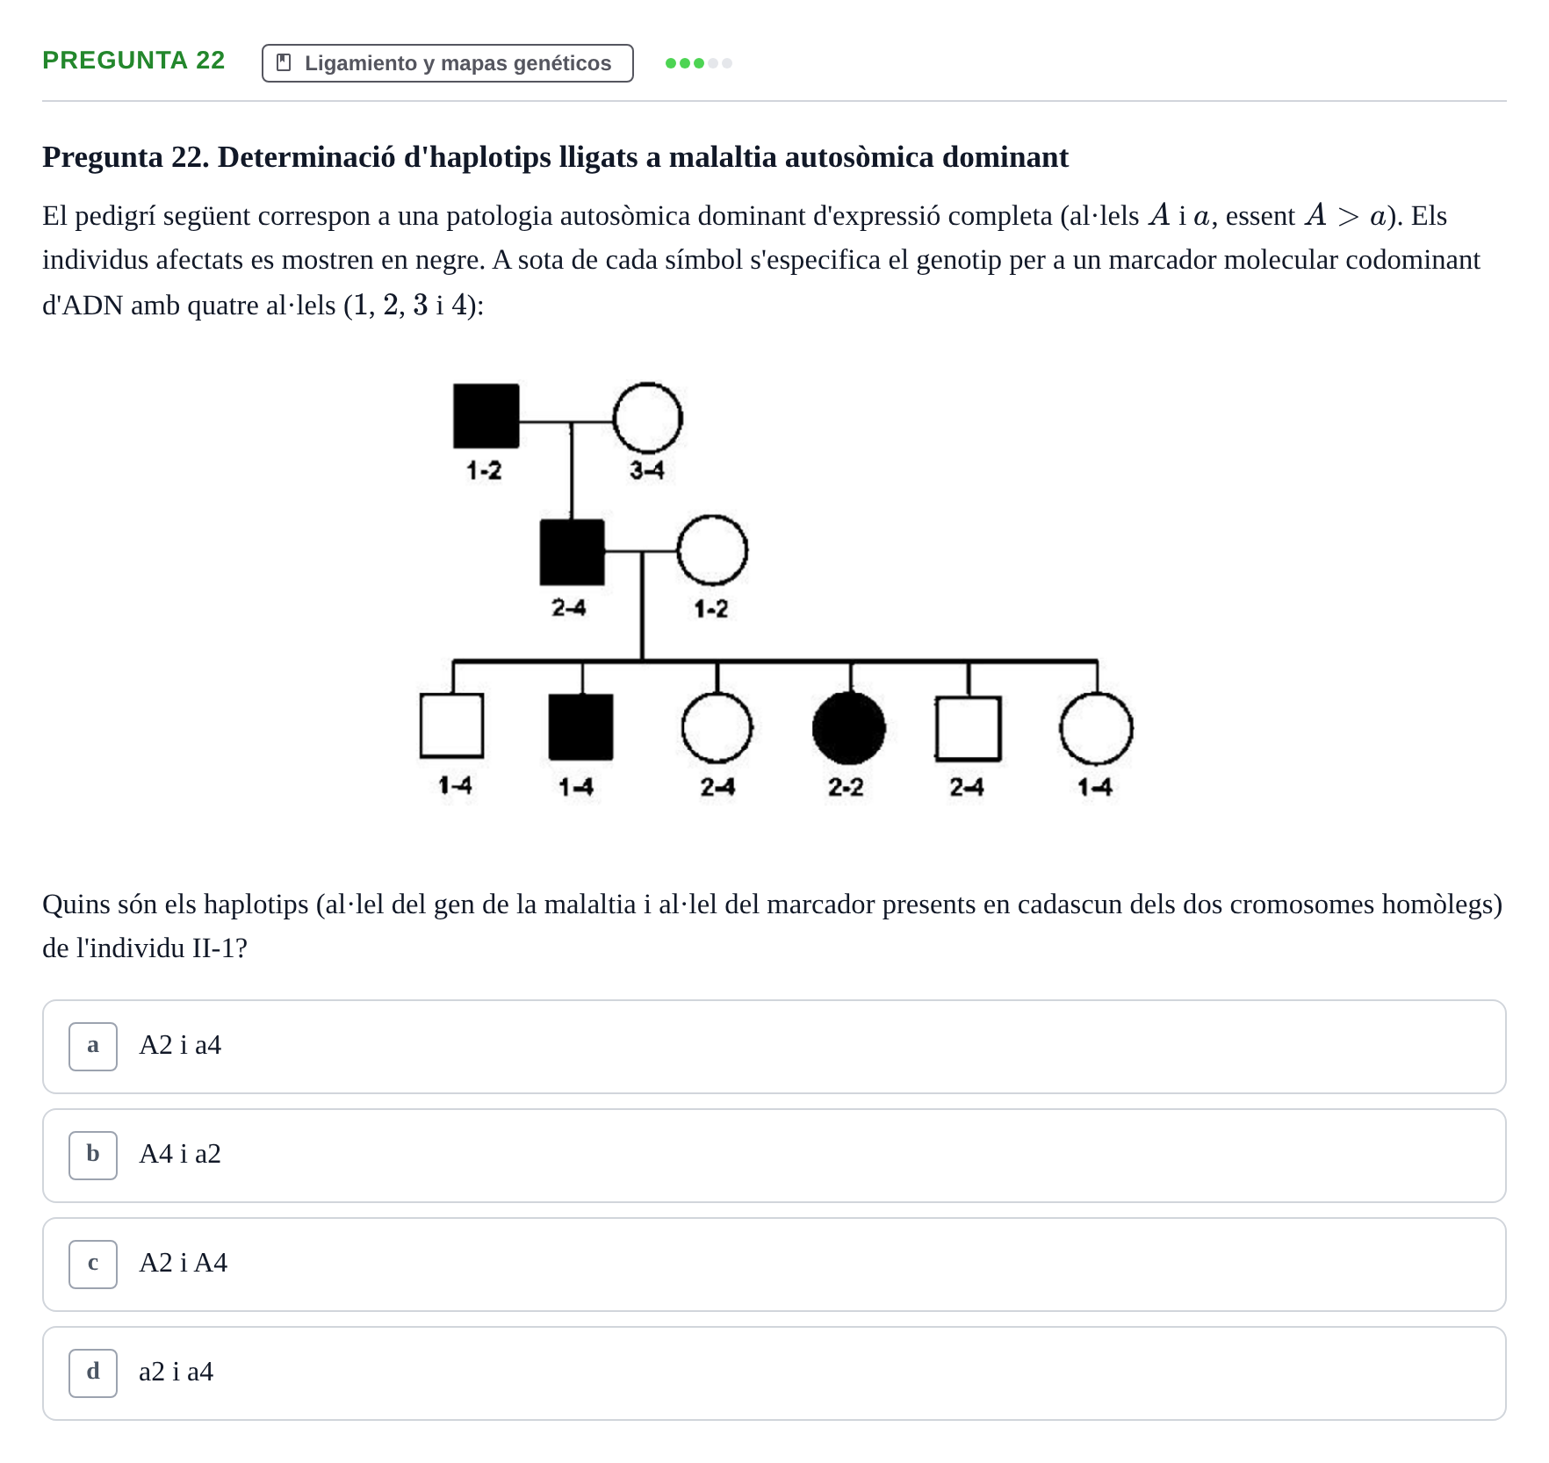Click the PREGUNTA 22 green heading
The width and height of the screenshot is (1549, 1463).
133,61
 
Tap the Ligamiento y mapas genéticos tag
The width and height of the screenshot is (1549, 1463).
447,63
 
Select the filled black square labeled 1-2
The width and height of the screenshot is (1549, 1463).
486,415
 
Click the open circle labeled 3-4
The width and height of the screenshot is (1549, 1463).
647,418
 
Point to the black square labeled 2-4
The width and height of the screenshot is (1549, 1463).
572,552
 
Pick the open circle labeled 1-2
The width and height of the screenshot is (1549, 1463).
712,551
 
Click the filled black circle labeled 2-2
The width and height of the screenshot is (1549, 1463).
849,728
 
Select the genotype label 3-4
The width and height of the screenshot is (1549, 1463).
647,471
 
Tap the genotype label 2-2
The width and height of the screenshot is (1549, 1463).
846,787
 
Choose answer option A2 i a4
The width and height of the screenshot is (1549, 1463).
774,1046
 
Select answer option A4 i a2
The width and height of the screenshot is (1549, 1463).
774,1155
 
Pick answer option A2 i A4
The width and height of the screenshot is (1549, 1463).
774,1264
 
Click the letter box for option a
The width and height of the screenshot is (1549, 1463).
93,1046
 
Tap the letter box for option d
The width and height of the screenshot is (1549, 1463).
93,1373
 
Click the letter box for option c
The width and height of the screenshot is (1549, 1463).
93,1264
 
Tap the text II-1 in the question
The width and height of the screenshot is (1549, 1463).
214,948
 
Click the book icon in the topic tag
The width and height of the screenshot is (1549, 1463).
284,63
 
